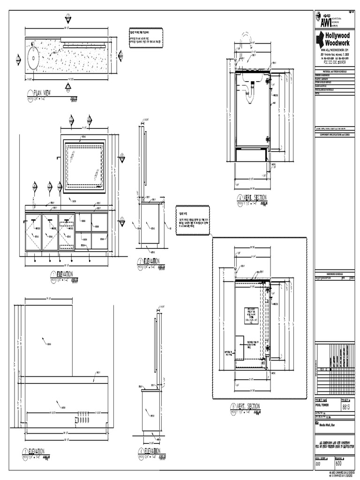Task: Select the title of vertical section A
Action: [x=252, y=198]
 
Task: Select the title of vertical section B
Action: [x=248, y=406]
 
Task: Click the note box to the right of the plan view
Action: [x=145, y=36]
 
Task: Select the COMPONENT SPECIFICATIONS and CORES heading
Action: [x=334, y=134]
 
